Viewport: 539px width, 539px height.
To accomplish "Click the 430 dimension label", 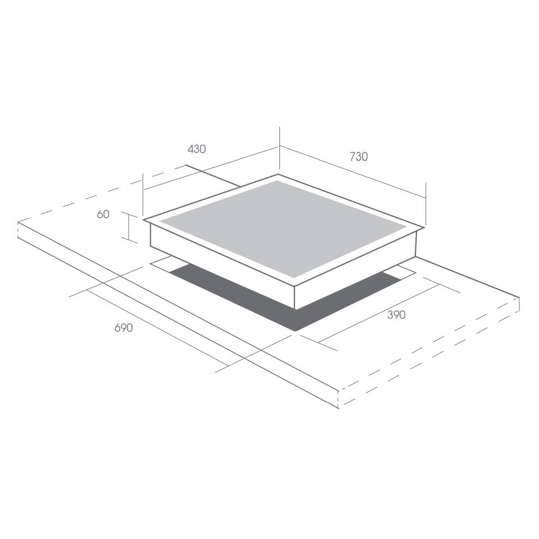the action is pos(197,149).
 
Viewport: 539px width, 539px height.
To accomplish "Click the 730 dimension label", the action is pos(359,156).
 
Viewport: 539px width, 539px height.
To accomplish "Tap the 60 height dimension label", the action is pos(103,214).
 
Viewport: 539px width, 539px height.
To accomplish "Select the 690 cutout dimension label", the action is pos(124,328).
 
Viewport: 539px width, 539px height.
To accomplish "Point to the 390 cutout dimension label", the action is pos(396,315).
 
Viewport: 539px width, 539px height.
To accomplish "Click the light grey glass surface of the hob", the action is pos(283,228).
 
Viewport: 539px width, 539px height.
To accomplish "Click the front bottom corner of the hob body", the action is pos(295,309).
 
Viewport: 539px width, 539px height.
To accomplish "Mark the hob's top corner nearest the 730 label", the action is pos(278,174).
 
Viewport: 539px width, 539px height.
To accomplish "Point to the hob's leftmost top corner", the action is pos(144,219).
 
